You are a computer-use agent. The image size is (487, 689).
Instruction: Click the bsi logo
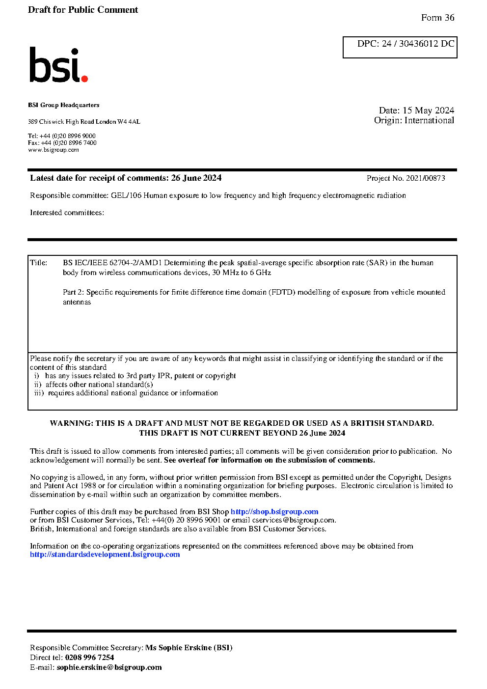[58, 65]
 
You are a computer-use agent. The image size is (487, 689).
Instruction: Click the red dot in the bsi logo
[84, 78]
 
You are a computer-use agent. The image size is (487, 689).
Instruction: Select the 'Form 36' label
[437, 18]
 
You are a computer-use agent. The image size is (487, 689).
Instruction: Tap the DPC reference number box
[400, 47]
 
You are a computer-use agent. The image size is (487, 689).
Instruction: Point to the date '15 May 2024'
[428, 110]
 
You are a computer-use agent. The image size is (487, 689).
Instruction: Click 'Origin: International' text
[414, 120]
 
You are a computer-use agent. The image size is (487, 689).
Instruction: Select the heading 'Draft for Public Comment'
[83, 10]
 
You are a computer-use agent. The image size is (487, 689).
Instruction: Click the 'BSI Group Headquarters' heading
[63, 105]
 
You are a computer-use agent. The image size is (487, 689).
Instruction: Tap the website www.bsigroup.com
[54, 150]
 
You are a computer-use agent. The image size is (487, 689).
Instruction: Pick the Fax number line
[62, 143]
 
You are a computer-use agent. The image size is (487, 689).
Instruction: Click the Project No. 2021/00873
[406, 178]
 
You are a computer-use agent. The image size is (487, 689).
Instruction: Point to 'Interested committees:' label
[67, 213]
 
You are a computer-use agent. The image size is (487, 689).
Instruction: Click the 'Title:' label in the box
[39, 263]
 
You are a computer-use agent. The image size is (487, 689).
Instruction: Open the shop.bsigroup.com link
[274, 512]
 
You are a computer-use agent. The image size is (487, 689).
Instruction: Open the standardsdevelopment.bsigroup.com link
[105, 554]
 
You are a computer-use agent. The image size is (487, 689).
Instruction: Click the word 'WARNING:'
[72, 423]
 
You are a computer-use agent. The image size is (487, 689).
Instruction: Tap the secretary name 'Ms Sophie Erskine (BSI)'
[189, 648]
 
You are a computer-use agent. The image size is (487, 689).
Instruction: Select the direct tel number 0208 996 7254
[89, 658]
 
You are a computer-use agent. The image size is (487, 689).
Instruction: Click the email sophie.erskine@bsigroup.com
[109, 667]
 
